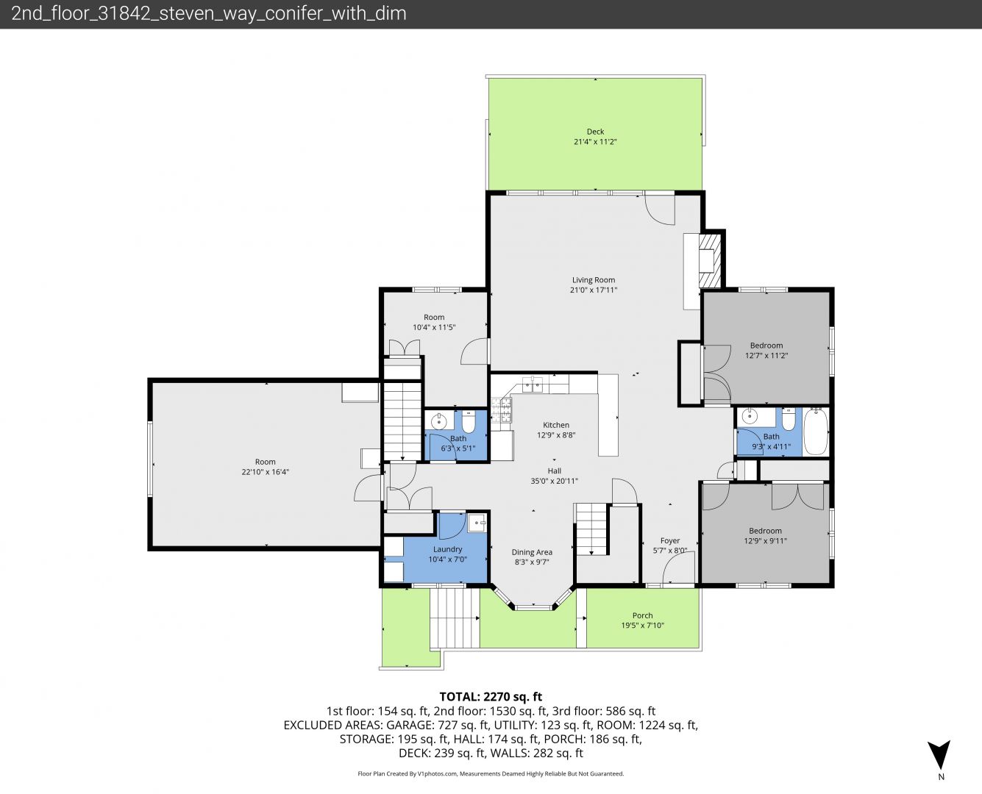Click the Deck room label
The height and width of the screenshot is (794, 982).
click(595, 132)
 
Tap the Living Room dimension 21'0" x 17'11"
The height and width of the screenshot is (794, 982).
click(594, 290)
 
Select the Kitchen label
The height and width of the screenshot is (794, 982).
click(556, 425)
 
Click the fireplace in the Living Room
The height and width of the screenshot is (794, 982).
click(710, 261)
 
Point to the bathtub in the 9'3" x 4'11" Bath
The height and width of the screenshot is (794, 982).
click(816, 432)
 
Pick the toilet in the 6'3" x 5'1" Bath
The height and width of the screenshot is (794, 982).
click(468, 421)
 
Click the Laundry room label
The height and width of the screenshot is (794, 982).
click(447, 549)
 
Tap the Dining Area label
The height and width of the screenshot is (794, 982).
click(532, 552)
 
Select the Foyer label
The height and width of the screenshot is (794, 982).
click(670, 540)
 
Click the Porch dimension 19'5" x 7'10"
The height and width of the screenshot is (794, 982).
click(643, 626)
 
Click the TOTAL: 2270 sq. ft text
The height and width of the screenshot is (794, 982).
click(491, 697)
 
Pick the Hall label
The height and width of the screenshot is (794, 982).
click(554, 471)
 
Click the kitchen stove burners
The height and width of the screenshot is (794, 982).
click(501, 410)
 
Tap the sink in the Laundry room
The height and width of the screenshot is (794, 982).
click(477, 523)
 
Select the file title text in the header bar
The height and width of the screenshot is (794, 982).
click(209, 14)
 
